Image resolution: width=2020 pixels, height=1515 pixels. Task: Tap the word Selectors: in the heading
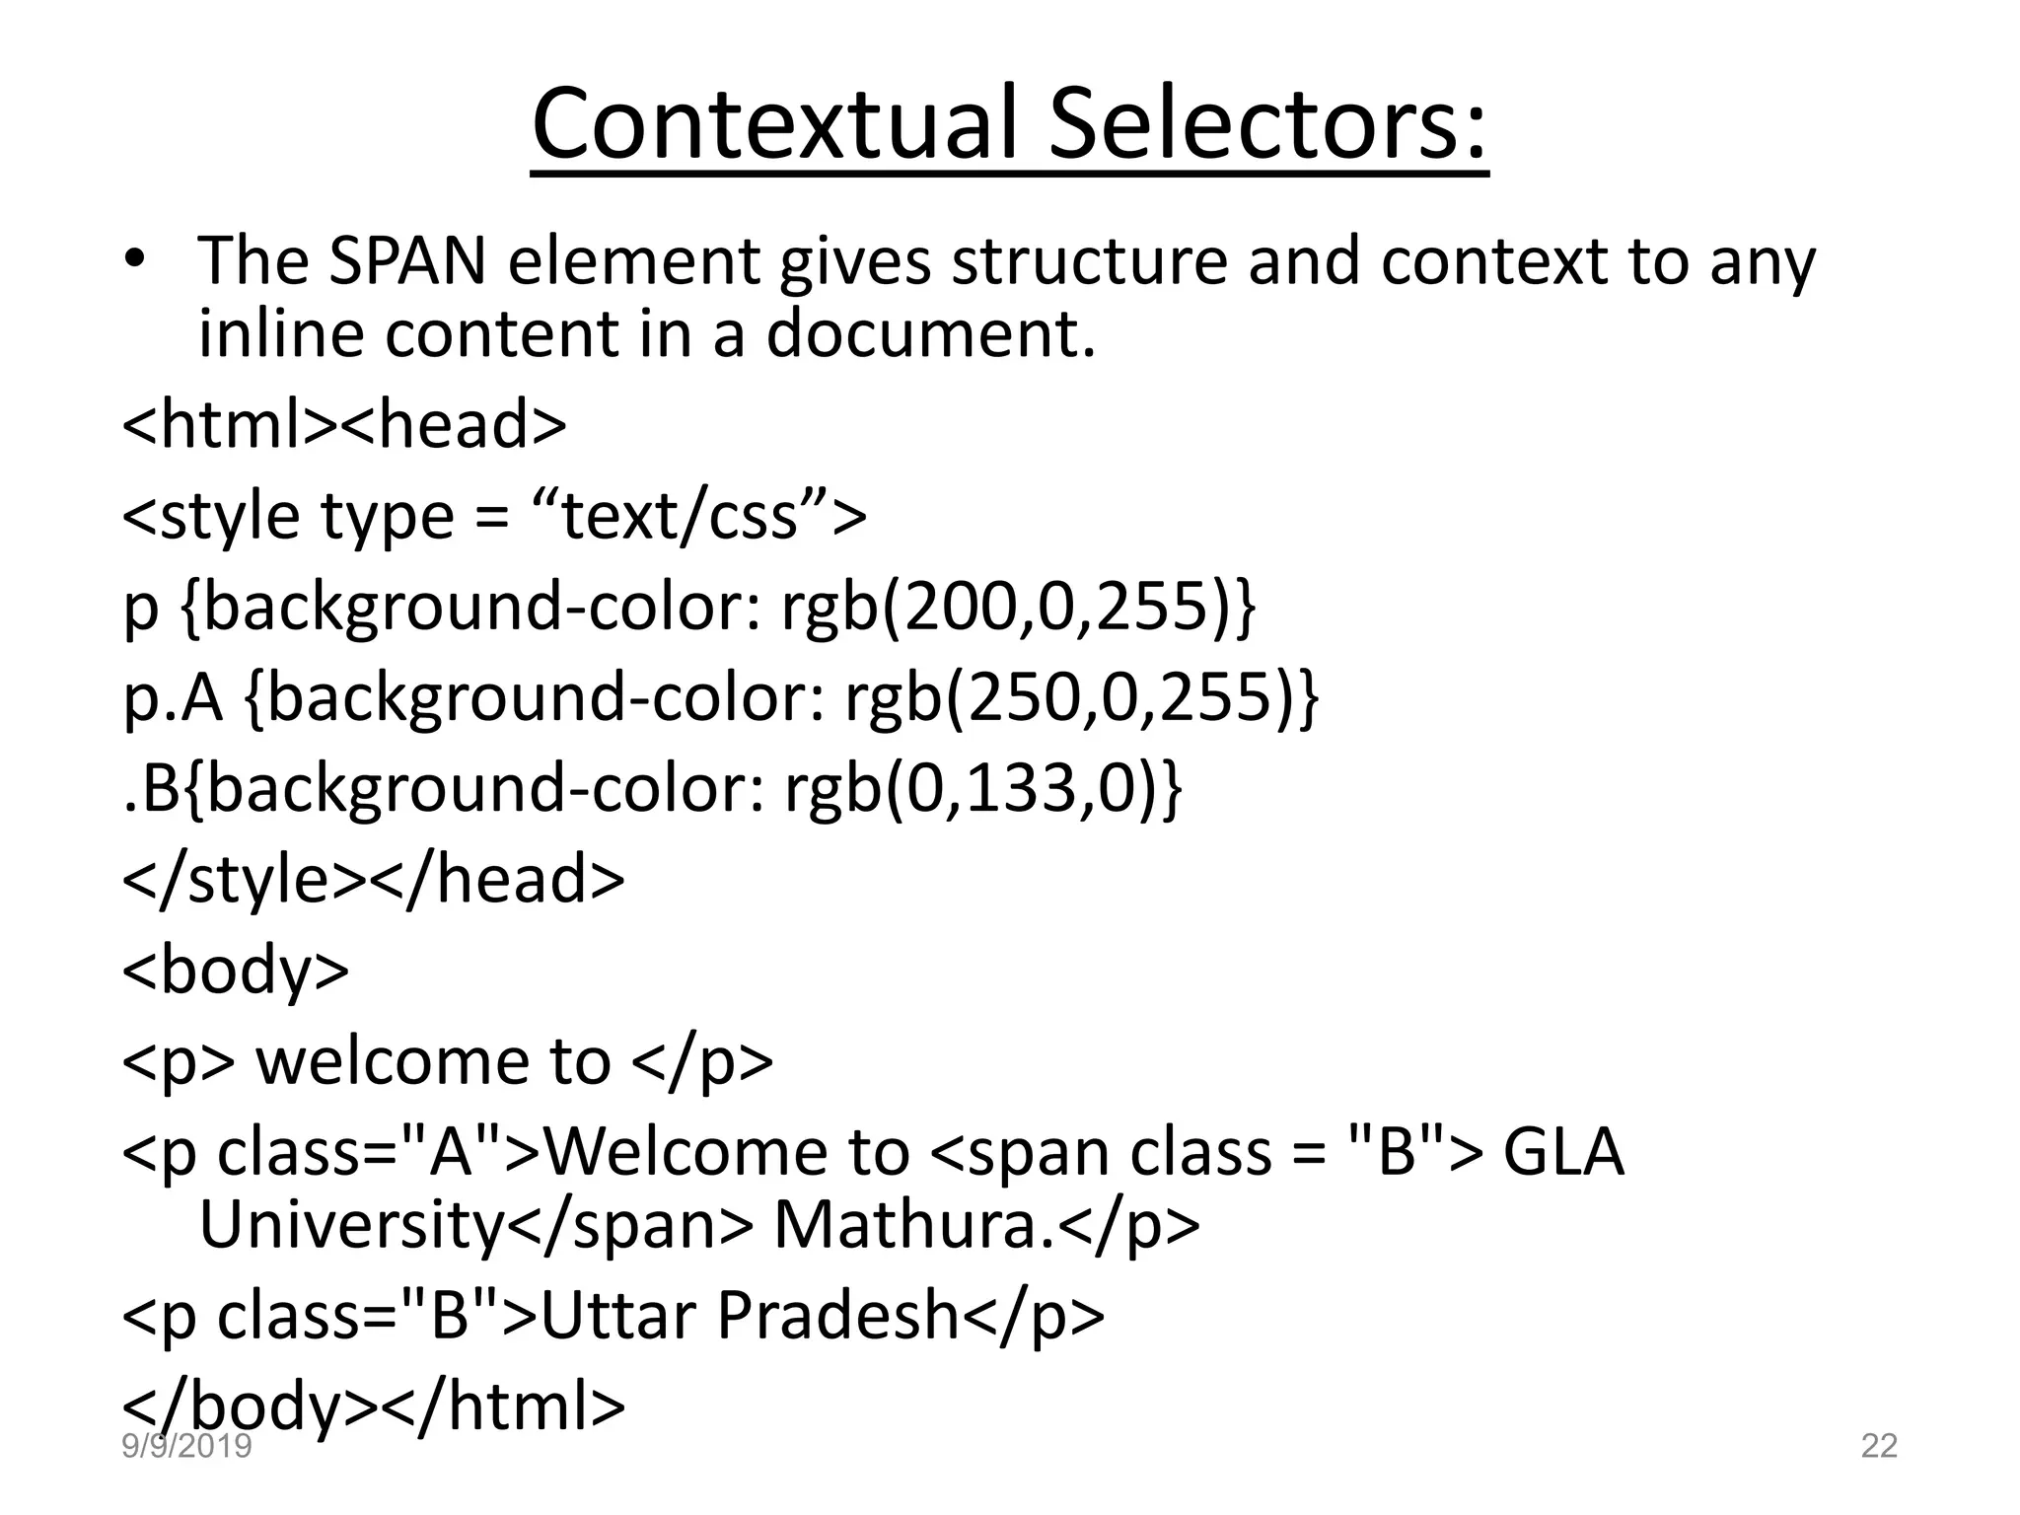coord(1267,123)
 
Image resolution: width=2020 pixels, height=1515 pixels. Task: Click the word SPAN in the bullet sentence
coord(406,261)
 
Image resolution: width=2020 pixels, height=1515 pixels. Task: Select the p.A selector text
coord(173,698)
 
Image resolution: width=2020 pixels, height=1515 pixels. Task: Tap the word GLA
coord(1562,1152)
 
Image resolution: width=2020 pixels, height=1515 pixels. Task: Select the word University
coord(351,1225)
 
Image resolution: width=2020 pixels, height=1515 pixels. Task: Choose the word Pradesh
coord(837,1316)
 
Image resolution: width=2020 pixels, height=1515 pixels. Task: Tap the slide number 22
coord(1879,1446)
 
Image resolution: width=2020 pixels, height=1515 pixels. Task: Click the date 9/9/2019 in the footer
coord(186,1447)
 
